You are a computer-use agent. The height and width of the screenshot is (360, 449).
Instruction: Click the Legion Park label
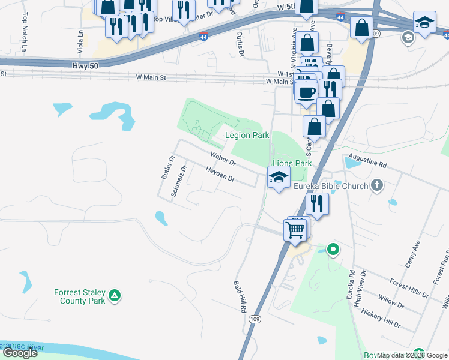pyautogui.click(x=247, y=135)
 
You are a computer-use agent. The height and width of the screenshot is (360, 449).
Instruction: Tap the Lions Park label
pyautogui.click(x=292, y=163)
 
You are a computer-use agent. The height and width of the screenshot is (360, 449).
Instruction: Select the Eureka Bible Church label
pyautogui.click(x=330, y=186)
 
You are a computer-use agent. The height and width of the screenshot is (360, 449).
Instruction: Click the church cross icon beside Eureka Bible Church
pyautogui.click(x=377, y=185)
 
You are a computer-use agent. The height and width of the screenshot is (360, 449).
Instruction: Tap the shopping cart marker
pyautogui.click(x=295, y=229)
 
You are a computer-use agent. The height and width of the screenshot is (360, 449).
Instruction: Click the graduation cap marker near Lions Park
pyautogui.click(x=279, y=176)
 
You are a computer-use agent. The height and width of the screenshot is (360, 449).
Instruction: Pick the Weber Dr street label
pyautogui.click(x=223, y=159)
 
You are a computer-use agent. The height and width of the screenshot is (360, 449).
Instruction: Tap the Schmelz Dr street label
pyautogui.click(x=178, y=181)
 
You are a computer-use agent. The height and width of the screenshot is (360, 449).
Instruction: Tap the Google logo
pyautogui.click(x=20, y=353)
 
